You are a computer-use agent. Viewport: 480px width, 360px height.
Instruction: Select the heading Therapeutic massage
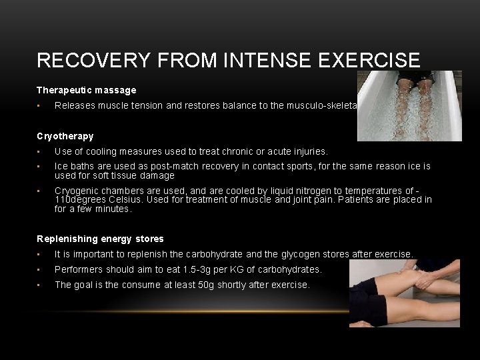click(87, 89)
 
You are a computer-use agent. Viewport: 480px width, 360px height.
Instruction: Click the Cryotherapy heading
click(65, 136)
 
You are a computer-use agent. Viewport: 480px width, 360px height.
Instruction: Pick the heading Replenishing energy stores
click(100, 239)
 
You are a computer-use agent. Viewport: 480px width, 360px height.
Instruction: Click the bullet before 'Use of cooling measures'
click(41, 152)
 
